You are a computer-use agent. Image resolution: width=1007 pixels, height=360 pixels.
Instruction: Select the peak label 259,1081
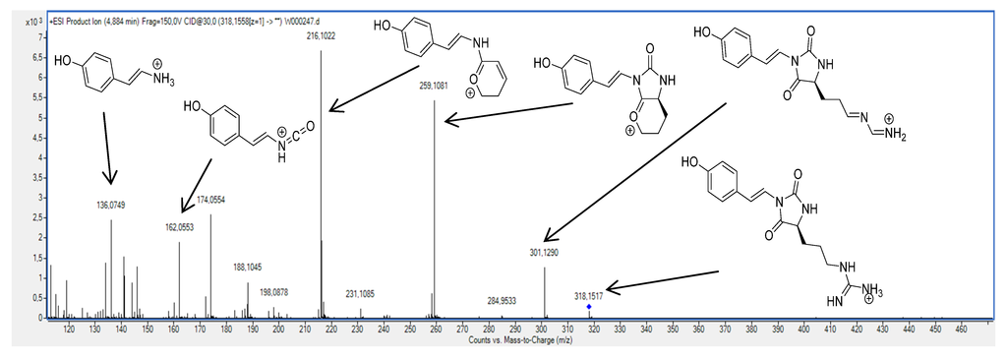[434, 86]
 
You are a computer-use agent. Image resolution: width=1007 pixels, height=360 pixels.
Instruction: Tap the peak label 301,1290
[545, 254]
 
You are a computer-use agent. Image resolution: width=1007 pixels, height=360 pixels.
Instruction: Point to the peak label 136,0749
[111, 205]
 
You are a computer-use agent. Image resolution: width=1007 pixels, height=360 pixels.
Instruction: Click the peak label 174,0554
[210, 200]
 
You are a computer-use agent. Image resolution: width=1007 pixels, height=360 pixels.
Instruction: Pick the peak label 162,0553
[179, 226]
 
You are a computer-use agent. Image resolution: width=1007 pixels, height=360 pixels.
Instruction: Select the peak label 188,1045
[247, 267]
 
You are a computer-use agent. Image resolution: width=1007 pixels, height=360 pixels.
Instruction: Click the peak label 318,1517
[588, 294]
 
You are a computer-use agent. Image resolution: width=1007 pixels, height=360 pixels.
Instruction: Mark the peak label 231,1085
[360, 293]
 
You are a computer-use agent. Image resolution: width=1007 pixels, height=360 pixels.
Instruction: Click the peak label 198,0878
[273, 292]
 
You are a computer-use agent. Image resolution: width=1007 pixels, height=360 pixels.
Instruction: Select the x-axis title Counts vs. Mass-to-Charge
[522, 340]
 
